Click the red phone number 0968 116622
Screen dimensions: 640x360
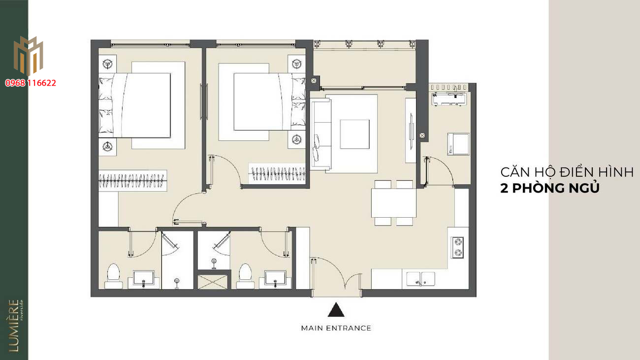coord(31,83)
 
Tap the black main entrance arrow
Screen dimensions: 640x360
coord(336,310)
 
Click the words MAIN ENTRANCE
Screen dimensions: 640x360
coord(336,328)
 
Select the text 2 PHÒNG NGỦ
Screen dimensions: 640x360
coord(550,188)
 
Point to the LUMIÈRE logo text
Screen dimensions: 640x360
coord(14,326)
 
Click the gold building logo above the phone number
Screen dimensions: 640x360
coord(28,56)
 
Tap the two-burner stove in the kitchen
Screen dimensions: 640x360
coord(457,247)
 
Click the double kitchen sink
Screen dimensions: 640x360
coord(420,279)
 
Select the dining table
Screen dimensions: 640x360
coord(394,203)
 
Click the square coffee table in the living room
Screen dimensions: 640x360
coord(354,134)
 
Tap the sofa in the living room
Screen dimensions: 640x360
coord(321,134)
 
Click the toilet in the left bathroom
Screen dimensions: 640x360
coord(113,276)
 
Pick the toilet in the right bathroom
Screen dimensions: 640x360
coord(245,276)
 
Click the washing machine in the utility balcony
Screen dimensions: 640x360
coord(458,144)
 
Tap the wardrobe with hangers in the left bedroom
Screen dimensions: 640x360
coord(132,181)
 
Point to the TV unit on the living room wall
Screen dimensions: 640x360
coord(411,131)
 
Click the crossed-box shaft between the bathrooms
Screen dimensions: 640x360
coord(212,282)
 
